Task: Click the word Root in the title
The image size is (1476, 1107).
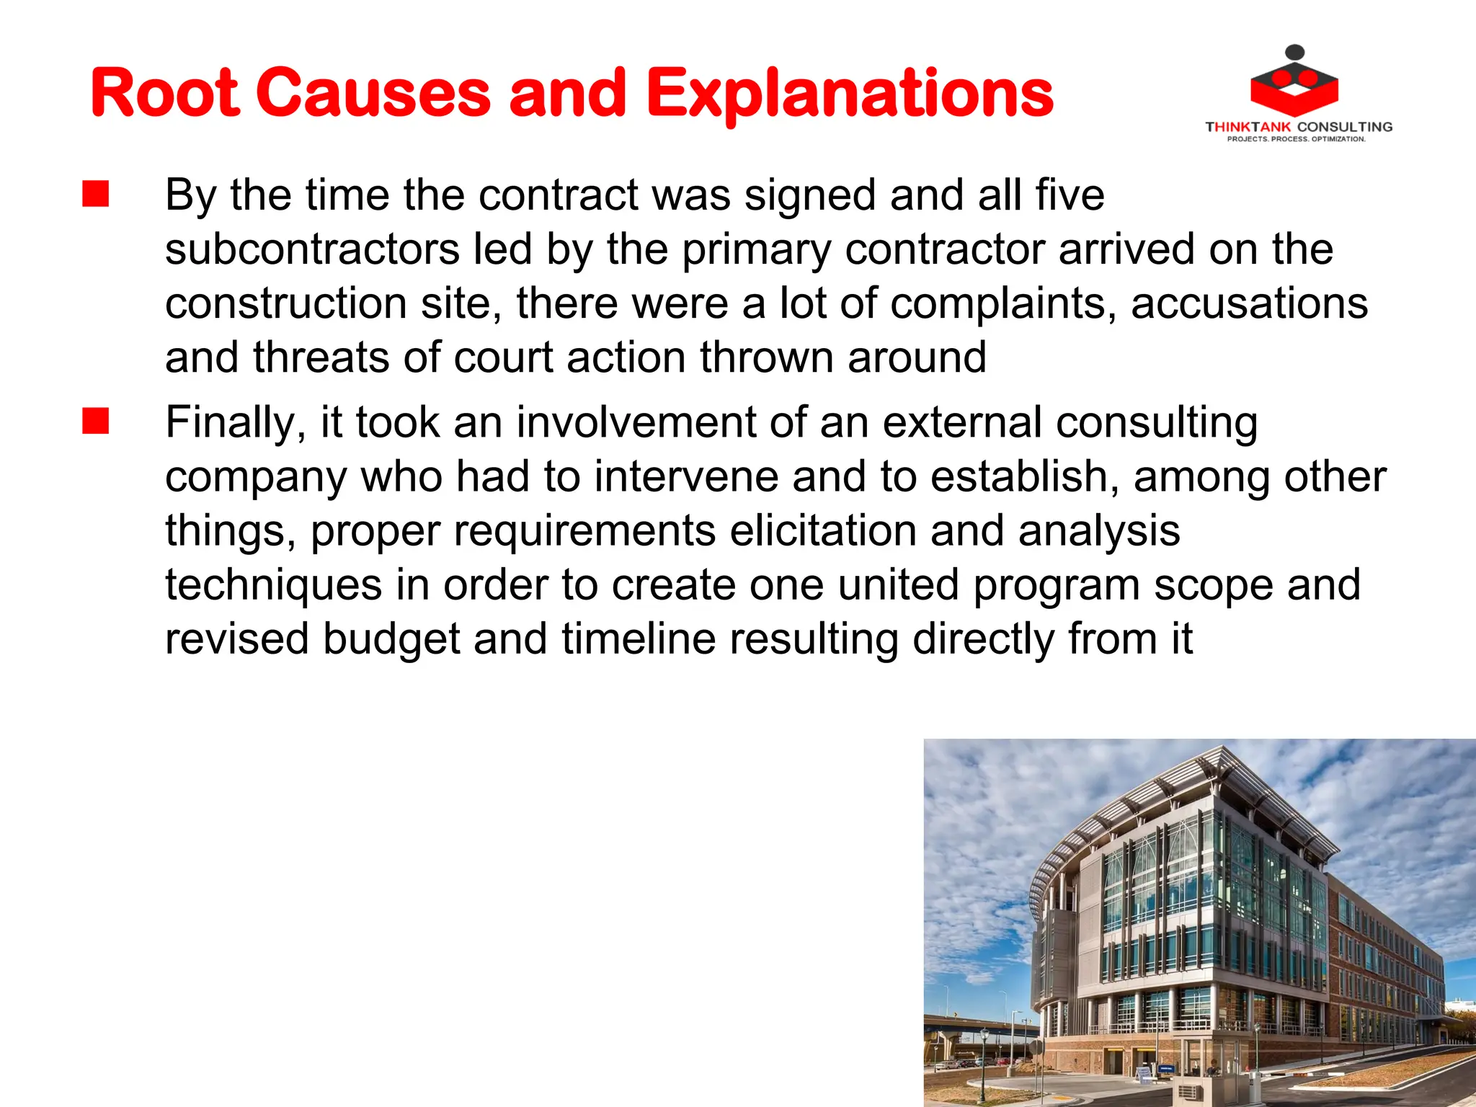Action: point(164,93)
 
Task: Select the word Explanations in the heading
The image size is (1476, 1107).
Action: point(850,94)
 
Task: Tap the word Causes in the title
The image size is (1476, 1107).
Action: point(373,93)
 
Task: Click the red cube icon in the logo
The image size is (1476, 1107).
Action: point(1294,90)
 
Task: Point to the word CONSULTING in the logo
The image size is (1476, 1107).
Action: point(1345,127)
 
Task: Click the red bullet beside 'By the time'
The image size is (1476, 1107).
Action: point(96,195)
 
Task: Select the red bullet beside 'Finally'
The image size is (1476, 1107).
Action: point(96,422)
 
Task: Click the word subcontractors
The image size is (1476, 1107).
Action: point(312,249)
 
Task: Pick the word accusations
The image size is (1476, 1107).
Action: point(1249,303)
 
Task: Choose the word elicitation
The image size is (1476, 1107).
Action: point(823,530)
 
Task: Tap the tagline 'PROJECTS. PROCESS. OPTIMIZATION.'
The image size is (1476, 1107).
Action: point(1296,139)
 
